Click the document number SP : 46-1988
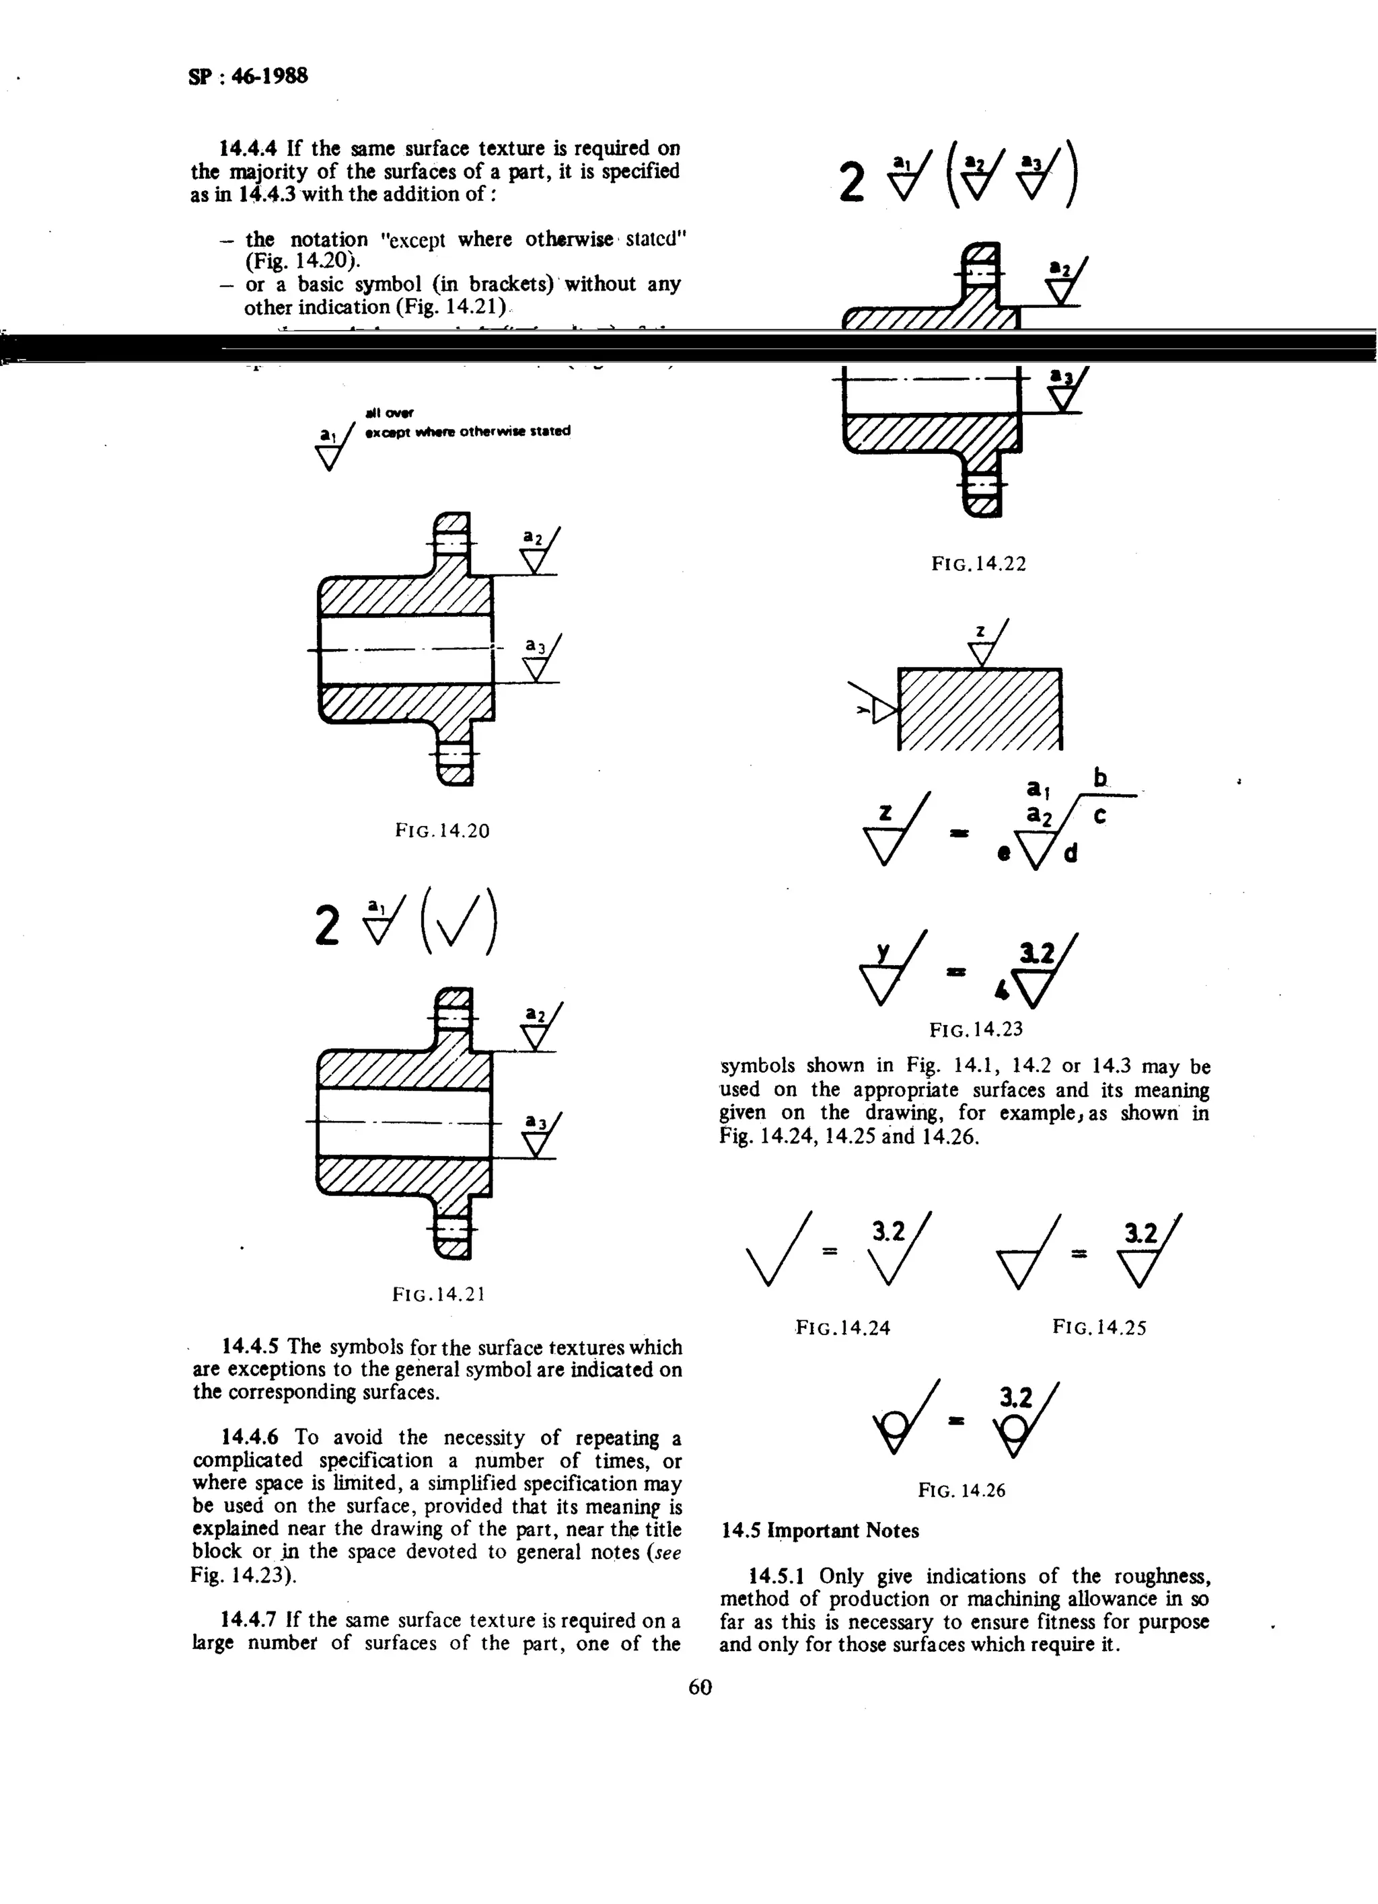point(248,77)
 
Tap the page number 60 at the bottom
point(700,1687)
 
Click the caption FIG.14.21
point(438,1295)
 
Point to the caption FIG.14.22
point(978,564)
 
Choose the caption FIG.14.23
point(976,1029)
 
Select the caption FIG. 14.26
point(962,1491)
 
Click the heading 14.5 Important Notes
point(820,1531)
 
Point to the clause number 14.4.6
point(250,1437)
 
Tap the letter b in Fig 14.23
point(1099,778)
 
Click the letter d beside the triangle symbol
point(1071,853)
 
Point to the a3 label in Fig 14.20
point(535,646)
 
